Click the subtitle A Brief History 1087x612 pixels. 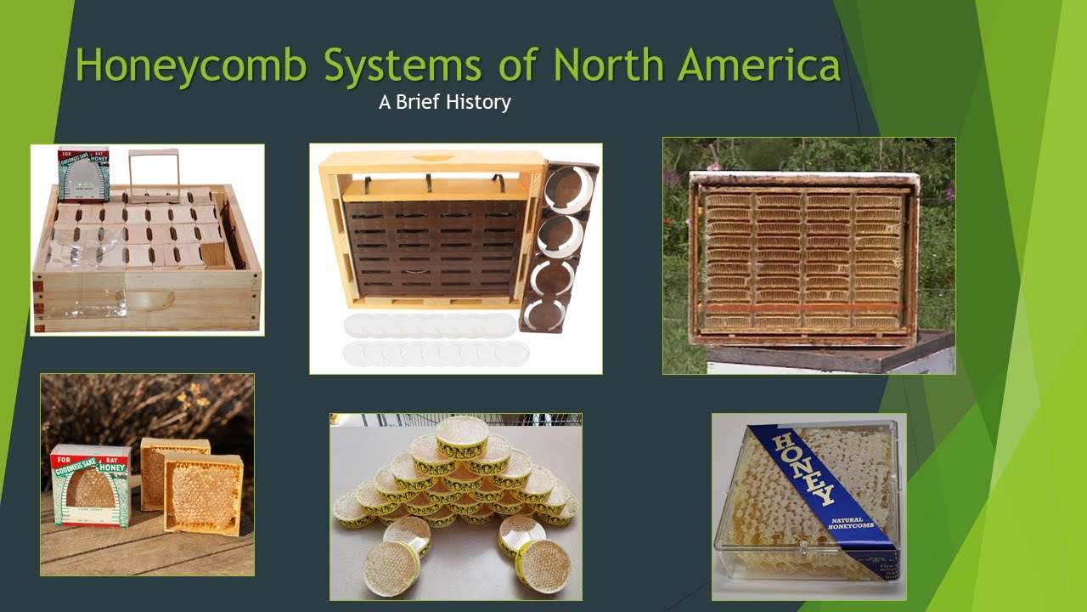coord(444,103)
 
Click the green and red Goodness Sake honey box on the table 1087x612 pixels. coord(90,484)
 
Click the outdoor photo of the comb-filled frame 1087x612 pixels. coord(808,255)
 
